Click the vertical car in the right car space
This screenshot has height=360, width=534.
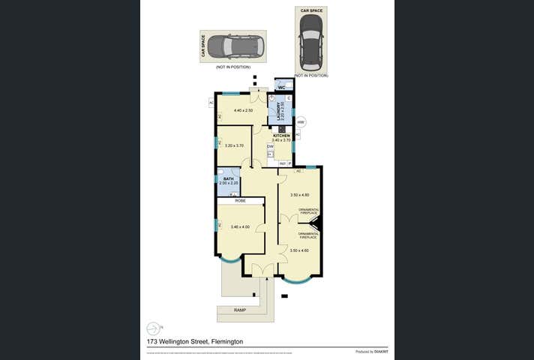pos(310,40)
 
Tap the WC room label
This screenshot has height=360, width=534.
pos(281,88)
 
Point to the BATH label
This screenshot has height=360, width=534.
pos(229,179)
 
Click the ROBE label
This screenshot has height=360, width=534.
pos(240,201)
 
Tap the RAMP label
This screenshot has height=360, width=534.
pos(239,310)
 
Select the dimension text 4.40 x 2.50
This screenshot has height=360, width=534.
pos(244,111)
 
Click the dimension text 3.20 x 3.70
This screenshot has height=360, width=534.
pos(235,145)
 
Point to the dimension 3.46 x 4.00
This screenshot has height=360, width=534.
pos(240,226)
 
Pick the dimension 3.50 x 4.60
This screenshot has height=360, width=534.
pos(299,250)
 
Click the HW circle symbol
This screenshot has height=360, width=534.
pos(301,122)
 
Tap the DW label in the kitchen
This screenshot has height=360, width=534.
pos(270,146)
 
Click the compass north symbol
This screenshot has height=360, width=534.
pos(154,328)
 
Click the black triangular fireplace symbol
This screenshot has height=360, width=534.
pos(316,223)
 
